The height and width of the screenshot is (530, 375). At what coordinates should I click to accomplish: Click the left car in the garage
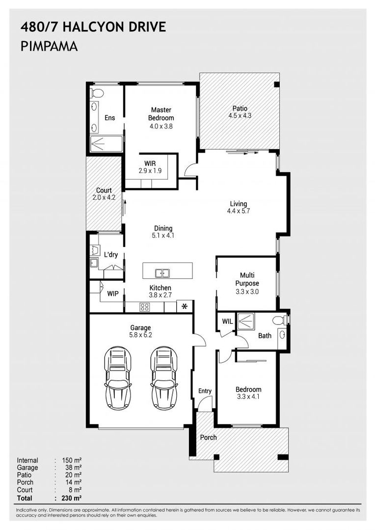point(118,378)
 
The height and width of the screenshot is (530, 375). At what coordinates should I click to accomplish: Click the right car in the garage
point(163,378)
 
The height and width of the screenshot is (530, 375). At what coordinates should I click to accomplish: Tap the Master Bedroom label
point(161,114)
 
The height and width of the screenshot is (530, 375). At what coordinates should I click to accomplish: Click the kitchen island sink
point(161,273)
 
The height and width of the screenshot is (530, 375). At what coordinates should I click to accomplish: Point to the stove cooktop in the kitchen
point(145,307)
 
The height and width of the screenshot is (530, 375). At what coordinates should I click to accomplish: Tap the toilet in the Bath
point(280,320)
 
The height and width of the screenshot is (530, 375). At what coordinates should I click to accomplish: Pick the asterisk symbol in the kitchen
point(185,307)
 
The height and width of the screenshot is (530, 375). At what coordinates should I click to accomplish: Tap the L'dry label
point(110,254)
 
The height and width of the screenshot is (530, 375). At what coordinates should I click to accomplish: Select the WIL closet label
point(226,322)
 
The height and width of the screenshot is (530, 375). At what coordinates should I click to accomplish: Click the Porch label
point(208,437)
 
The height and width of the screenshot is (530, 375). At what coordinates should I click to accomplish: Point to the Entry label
point(205,391)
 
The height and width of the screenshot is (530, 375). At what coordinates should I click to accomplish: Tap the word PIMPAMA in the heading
point(49,47)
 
